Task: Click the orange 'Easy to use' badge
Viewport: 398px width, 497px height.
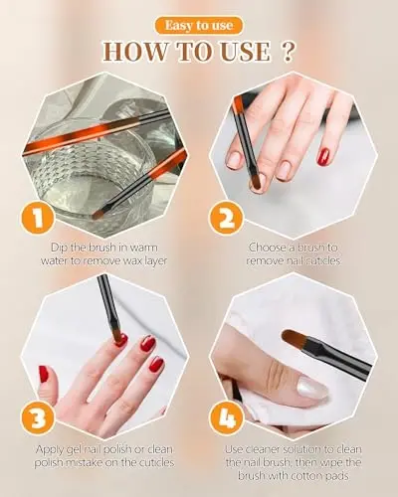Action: (x=199, y=26)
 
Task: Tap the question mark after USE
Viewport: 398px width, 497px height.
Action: (x=288, y=52)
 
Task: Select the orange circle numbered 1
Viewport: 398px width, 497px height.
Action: (x=38, y=219)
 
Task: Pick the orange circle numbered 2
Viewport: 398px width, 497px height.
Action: (x=226, y=219)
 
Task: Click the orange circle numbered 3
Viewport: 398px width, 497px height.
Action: (x=38, y=418)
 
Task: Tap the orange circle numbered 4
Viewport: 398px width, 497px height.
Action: (x=226, y=418)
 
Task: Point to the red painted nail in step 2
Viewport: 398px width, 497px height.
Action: (x=323, y=157)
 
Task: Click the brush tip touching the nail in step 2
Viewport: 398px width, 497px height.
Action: (x=256, y=185)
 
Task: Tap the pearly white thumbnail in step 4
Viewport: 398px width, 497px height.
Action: (x=312, y=388)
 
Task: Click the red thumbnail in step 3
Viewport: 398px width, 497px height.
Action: (x=44, y=375)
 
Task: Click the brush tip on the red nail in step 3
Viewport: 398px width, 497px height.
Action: (x=118, y=337)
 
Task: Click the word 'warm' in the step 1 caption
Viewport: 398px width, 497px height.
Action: (x=144, y=248)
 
